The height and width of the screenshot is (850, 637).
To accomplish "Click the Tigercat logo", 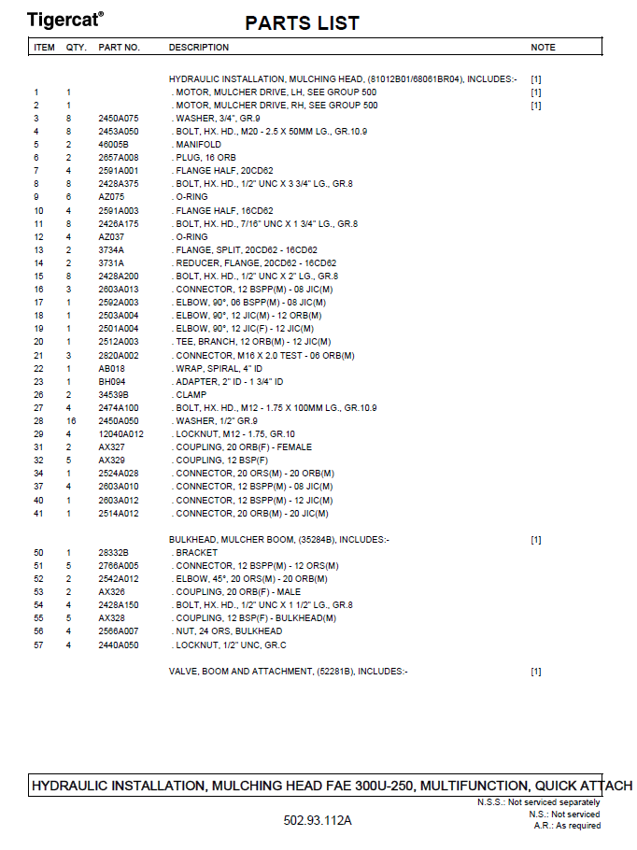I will coord(64,19).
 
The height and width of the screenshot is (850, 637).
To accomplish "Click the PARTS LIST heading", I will coord(302,23).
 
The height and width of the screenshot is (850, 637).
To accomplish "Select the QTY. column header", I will coord(76,48).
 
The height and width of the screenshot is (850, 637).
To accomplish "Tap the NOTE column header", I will coord(543,48).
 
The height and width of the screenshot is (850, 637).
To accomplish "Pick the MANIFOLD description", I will coord(198,145).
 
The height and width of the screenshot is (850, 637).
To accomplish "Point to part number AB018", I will coord(111,369).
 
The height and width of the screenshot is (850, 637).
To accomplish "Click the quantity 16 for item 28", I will coord(70,421).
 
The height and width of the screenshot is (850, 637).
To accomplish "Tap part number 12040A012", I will coord(120,434).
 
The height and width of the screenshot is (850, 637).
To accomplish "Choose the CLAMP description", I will coord(191,395).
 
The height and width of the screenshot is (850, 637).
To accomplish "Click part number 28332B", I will coord(113,553).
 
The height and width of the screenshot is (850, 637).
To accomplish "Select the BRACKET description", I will coord(196,553).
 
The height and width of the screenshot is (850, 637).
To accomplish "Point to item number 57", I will coord(38,645).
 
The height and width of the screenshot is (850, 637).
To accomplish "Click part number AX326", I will coord(111,592).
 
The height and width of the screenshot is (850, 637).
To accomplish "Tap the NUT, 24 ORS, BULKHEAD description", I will coord(228,632).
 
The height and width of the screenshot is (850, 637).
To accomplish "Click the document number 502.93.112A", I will coord(318,820).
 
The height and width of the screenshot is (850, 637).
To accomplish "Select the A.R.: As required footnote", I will coord(567,826).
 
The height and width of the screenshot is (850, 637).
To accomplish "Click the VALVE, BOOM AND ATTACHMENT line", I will coord(288,672).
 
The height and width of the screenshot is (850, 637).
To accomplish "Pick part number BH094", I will coord(111,382).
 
